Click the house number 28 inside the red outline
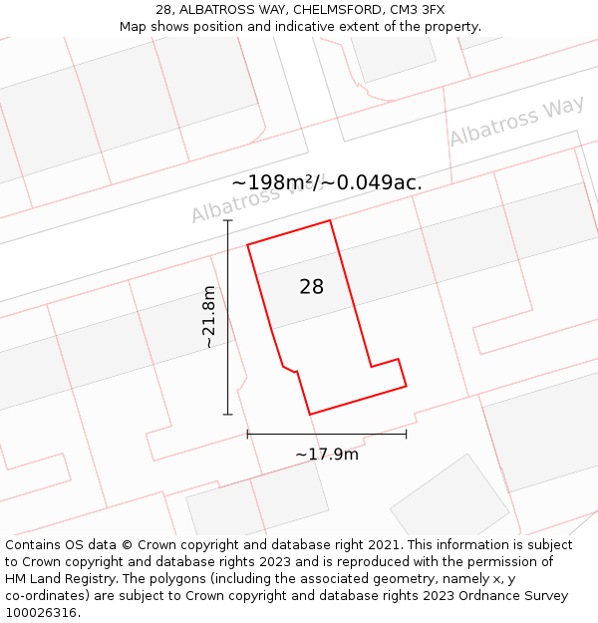click(x=312, y=287)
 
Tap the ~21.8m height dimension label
click(x=208, y=317)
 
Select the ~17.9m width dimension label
click(x=327, y=455)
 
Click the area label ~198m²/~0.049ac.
click(x=327, y=182)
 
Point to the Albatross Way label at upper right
click(x=516, y=123)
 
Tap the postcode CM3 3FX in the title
click(x=418, y=10)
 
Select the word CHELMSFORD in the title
click(x=336, y=10)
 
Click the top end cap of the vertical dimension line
click(x=228, y=220)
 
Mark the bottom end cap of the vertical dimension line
click(x=228, y=414)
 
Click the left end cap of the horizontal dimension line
click(x=247, y=434)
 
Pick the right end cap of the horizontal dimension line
click(x=407, y=434)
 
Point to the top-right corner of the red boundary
click(x=330, y=220)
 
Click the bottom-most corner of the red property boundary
click(x=310, y=414)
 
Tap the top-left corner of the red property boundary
click(x=247, y=243)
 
